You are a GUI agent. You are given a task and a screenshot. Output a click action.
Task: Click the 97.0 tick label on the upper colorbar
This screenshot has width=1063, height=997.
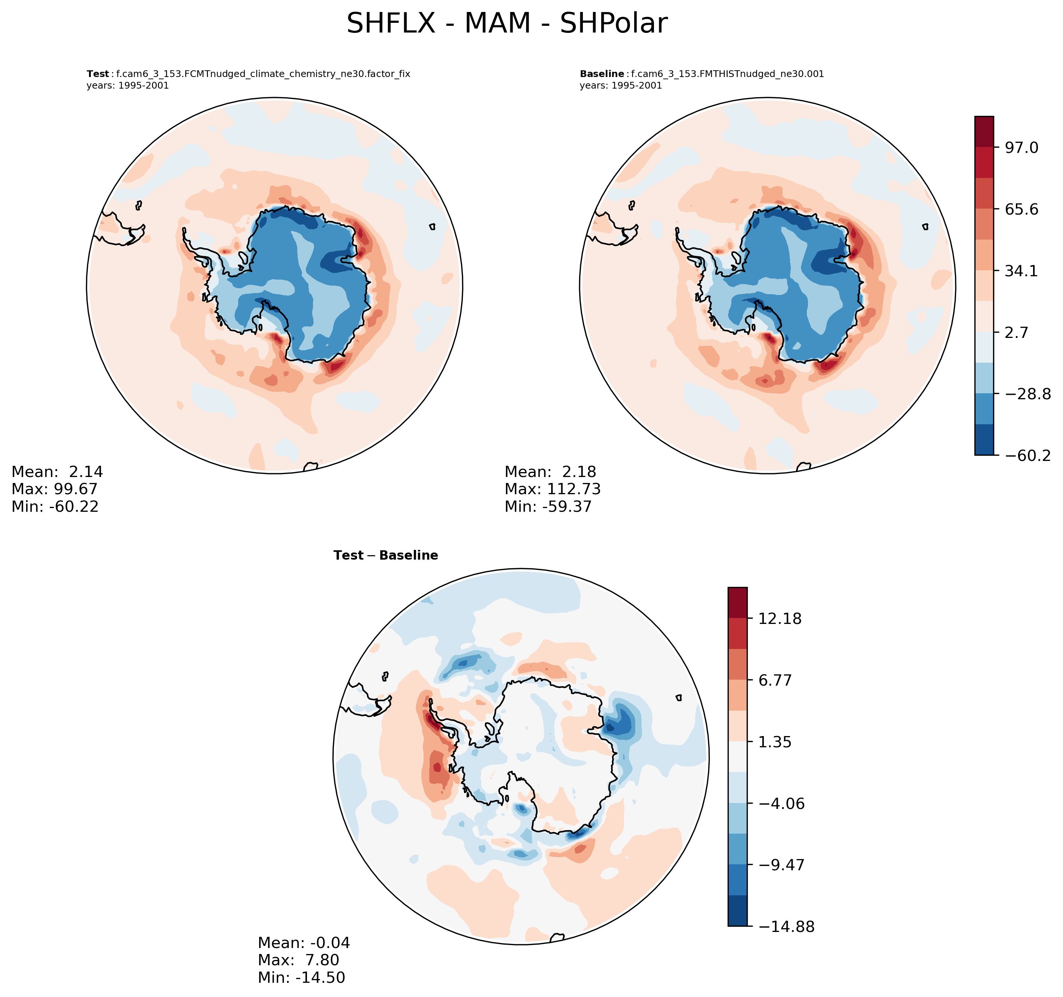pyautogui.click(x=1021, y=148)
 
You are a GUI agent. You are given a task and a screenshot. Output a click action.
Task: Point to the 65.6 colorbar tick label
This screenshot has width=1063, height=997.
pyautogui.click(x=1021, y=209)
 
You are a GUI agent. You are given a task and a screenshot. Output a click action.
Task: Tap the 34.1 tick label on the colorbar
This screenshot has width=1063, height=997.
pyautogui.click(x=1021, y=271)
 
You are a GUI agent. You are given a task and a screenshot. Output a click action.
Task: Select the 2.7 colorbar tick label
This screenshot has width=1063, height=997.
pyautogui.click(x=1016, y=332)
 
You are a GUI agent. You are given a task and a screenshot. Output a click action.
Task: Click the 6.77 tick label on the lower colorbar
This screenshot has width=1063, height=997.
pyautogui.click(x=775, y=680)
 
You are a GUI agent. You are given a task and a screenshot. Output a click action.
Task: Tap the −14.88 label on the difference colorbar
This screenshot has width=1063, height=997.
pyautogui.click(x=786, y=927)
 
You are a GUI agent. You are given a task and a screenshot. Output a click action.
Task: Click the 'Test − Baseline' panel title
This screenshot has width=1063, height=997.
pyautogui.click(x=385, y=556)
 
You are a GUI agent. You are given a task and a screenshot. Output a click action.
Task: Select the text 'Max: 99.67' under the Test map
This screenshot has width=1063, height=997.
pyautogui.click(x=55, y=489)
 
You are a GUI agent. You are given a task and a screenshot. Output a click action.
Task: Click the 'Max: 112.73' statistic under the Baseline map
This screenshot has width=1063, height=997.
pyautogui.click(x=552, y=489)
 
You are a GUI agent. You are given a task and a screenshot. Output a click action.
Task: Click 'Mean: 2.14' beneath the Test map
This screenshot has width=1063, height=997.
pyautogui.click(x=57, y=471)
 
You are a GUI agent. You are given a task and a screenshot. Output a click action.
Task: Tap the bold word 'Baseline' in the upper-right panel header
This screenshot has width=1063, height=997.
pyautogui.click(x=602, y=74)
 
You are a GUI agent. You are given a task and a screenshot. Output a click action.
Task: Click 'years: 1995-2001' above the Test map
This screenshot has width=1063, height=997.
pyautogui.click(x=128, y=86)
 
